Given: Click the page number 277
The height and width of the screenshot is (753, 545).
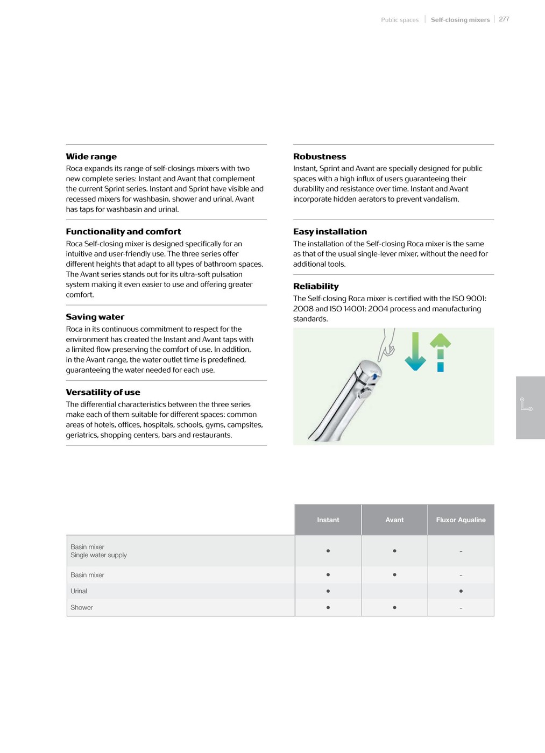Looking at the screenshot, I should pyautogui.click(x=504, y=19).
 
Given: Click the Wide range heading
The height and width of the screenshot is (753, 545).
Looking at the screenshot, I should pyautogui.click(x=91, y=157).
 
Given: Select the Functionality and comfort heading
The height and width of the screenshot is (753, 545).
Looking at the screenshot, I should pyautogui.click(x=123, y=231).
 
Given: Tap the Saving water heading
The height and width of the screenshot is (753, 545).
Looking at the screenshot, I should pyautogui.click(x=95, y=317).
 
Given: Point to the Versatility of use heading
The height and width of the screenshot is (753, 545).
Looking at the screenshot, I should pyautogui.click(x=103, y=392).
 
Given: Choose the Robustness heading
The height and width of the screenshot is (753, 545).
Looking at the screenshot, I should pyautogui.click(x=320, y=157).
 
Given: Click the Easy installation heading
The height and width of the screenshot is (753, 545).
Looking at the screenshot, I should pyautogui.click(x=330, y=231).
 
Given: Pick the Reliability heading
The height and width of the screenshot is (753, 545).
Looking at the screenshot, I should pyautogui.click(x=316, y=286).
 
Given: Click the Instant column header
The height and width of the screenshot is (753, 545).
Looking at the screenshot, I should pyautogui.click(x=328, y=520).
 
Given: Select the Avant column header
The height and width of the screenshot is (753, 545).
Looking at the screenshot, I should pyautogui.click(x=394, y=520).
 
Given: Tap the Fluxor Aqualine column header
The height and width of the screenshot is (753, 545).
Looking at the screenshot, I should pyautogui.click(x=461, y=520).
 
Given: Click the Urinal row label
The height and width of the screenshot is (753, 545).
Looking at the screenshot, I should pyautogui.click(x=79, y=591).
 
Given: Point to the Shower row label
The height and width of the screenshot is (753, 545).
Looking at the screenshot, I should pyautogui.click(x=82, y=608).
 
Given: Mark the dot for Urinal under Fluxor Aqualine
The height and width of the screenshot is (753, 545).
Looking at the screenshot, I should pyautogui.click(x=461, y=591).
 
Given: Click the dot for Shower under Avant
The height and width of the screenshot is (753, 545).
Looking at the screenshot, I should pyautogui.click(x=394, y=608).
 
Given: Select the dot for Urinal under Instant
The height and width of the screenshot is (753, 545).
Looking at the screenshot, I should pyautogui.click(x=328, y=591).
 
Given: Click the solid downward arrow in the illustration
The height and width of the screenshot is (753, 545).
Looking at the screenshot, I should pyautogui.click(x=415, y=352).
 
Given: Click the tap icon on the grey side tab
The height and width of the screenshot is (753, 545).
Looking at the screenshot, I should pyautogui.click(x=526, y=404).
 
